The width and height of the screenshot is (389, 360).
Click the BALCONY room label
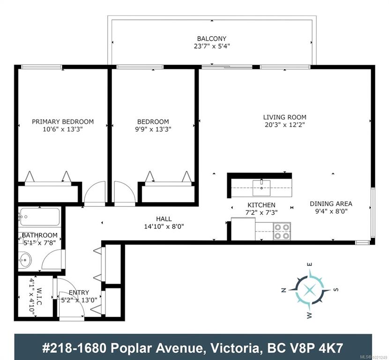coord(212,39)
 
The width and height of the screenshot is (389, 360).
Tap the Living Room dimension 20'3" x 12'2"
coord(284,125)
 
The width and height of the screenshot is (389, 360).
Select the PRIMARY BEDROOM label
coord(63,121)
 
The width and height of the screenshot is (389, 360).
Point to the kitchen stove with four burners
coord(282,231)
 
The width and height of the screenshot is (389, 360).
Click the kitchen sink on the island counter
coord(262,188)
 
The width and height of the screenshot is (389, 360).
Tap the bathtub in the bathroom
coord(40,217)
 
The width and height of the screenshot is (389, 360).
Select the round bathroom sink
coord(25,260)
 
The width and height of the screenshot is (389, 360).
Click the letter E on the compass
coord(309,264)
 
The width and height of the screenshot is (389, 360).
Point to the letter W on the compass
coord(309,315)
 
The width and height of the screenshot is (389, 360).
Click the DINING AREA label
coord(331,204)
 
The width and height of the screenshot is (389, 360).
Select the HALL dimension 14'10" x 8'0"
coord(164,226)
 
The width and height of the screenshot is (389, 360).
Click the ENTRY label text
coord(79,292)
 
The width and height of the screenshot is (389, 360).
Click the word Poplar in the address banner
coord(132,348)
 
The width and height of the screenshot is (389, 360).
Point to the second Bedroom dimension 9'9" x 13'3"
coord(153,129)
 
